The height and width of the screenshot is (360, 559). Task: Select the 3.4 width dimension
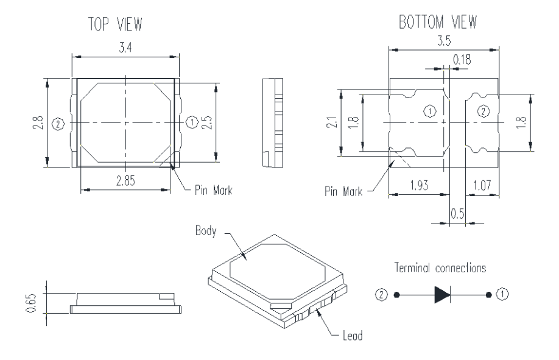click(126, 48)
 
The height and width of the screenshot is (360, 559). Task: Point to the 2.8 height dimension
click(38, 123)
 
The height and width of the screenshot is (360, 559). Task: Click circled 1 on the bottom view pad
click(429, 111)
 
